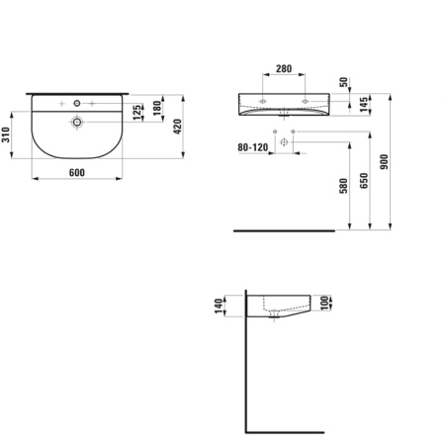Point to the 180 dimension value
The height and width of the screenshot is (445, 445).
157,107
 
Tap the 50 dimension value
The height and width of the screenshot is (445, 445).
343,84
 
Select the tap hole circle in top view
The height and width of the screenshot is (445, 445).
76,104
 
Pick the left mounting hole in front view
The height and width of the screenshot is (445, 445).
264,102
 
